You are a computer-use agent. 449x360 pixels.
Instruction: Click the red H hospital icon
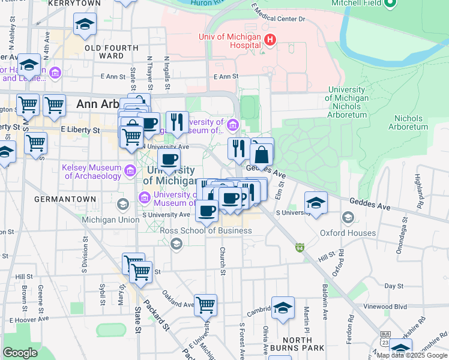click(x=270, y=40)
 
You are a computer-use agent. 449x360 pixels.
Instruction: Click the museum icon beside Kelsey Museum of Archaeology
click(x=130, y=172)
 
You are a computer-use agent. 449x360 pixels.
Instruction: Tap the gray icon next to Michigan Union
click(x=123, y=204)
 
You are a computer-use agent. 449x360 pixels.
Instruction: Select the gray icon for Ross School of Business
click(x=176, y=243)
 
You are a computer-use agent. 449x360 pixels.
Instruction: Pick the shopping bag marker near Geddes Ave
click(x=262, y=155)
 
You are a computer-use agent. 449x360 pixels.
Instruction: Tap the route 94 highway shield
click(x=300, y=247)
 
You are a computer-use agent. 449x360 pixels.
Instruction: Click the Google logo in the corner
click(x=20, y=353)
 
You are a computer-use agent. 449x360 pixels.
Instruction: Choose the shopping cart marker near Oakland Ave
click(x=205, y=305)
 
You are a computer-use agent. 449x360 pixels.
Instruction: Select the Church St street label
click(x=222, y=261)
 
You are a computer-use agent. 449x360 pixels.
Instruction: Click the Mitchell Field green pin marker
click(x=390, y=4)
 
